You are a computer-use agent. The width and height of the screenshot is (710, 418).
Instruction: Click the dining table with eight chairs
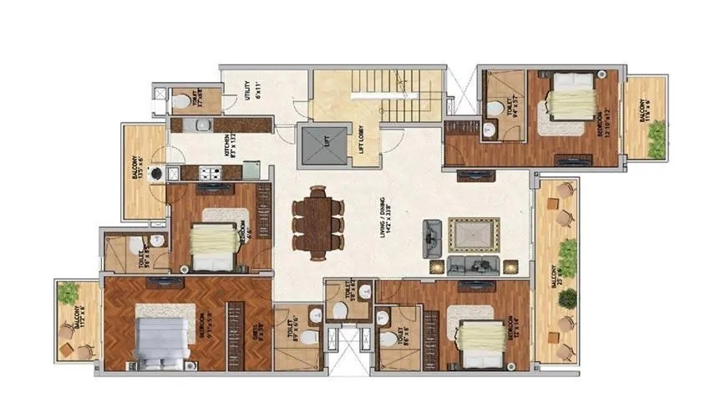tap(317, 219)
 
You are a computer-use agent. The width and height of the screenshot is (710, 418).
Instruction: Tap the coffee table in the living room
tap(473, 234)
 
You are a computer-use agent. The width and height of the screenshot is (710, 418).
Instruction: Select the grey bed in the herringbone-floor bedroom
tap(160, 343)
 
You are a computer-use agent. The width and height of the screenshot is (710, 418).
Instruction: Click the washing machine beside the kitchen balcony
tap(155, 175)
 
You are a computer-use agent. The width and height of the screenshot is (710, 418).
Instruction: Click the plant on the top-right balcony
tap(657, 140)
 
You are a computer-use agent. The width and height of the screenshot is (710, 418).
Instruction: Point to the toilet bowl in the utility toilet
tap(182, 101)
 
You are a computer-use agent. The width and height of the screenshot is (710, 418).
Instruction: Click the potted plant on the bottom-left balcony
tap(68, 293)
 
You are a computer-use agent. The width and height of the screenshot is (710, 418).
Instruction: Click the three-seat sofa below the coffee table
tap(473, 265)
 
